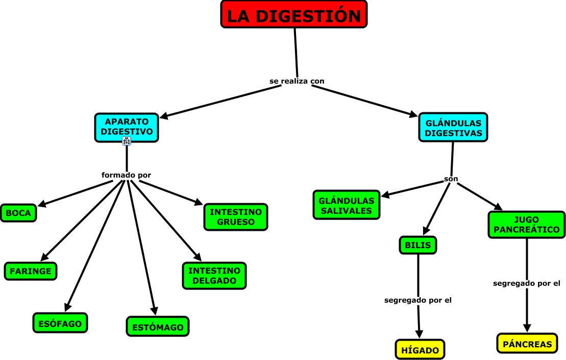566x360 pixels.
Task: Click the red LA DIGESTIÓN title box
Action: click(294, 14)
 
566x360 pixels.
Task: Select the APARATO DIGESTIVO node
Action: click(127, 128)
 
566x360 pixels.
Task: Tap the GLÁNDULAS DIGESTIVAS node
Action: click(453, 127)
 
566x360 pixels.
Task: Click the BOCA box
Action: click(18, 212)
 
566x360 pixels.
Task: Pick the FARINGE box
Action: click(31, 271)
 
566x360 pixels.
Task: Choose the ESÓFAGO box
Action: click(60, 323)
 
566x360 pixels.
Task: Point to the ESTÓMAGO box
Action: click(158, 326)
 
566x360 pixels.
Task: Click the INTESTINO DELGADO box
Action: click(214, 276)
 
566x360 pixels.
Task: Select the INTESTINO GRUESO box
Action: click(236, 217)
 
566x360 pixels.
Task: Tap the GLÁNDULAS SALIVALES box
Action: click(347, 205)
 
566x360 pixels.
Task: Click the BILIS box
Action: click(418, 245)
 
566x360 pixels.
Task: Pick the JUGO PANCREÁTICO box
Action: click(527, 225)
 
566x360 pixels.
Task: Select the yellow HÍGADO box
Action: click(420, 349)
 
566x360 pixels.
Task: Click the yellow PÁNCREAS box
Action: click(527, 343)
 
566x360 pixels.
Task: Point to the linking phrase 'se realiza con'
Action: click(297, 81)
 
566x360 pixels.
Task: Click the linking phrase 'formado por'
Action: click(127, 175)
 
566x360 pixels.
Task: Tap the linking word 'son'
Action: click(451, 179)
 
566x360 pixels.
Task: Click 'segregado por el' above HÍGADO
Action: click(417, 300)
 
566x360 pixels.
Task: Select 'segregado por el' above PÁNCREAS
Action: click(527, 283)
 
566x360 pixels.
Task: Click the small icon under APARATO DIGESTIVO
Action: click(127, 141)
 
